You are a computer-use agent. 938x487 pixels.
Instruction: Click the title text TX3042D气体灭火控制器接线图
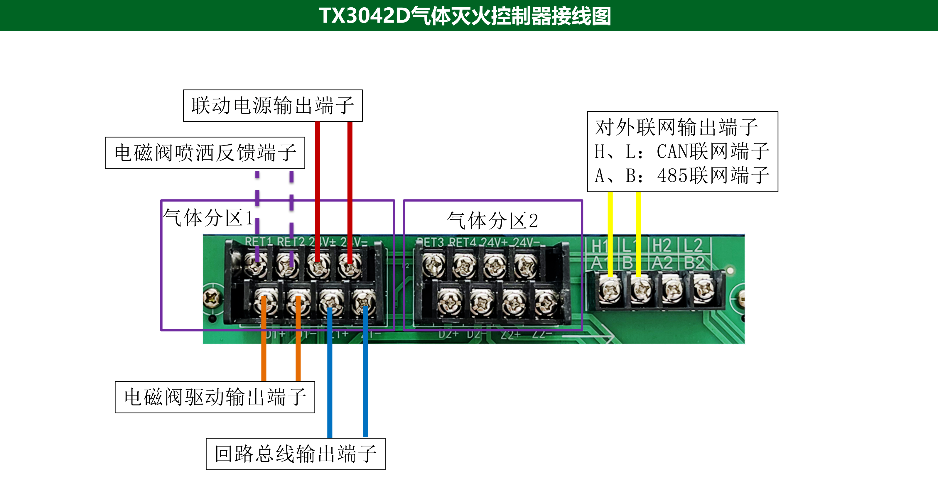(465, 16)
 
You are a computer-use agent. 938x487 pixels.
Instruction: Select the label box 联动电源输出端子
(273, 106)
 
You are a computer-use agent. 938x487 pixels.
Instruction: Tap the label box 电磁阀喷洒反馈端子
(205, 153)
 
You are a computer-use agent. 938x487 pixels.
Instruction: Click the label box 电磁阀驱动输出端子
(215, 397)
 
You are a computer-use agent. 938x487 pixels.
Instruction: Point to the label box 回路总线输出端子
(295, 454)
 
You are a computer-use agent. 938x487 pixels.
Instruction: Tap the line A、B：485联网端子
(682, 175)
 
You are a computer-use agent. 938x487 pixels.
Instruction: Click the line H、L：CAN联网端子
(682, 151)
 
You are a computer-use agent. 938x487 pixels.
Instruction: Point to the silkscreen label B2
(694, 263)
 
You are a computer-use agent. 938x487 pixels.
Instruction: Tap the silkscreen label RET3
(430, 242)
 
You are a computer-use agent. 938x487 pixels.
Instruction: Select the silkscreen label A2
(662, 263)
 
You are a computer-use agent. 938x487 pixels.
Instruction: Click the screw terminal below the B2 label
(703, 289)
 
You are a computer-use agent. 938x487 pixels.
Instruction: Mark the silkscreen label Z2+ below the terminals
(510, 334)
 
